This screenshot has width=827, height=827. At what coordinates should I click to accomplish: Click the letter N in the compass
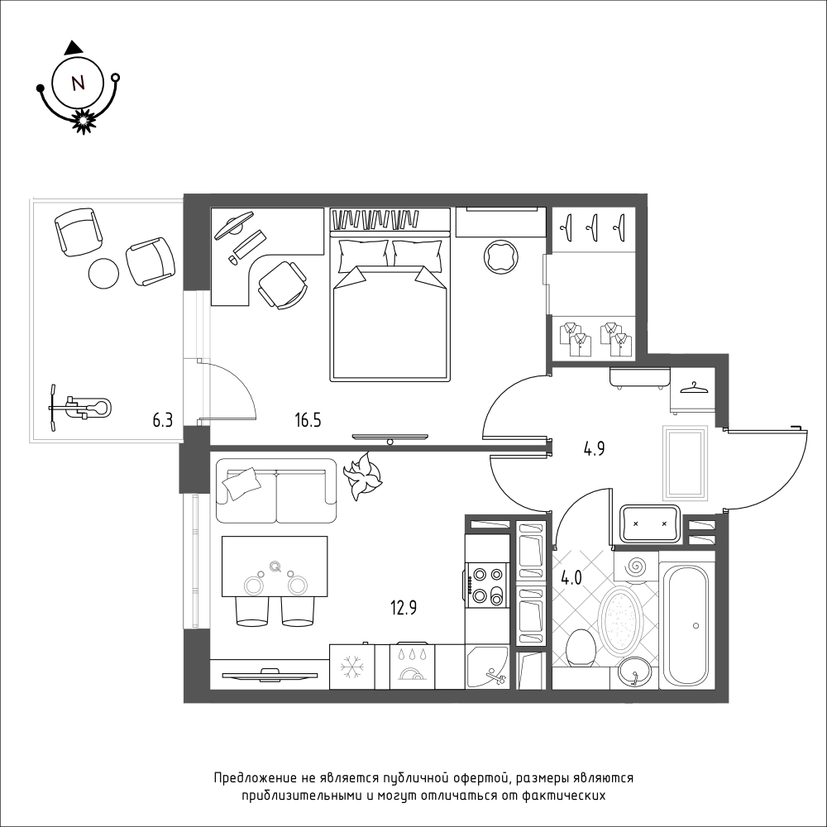click(78, 83)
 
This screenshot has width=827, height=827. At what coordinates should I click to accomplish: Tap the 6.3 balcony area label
click(162, 420)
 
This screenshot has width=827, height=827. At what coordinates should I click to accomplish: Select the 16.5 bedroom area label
click(308, 420)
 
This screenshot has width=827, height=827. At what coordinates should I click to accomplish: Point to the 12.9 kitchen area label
click(404, 608)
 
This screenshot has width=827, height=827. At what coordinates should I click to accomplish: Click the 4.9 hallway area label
click(594, 449)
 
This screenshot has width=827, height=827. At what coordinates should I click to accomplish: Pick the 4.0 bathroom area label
click(571, 578)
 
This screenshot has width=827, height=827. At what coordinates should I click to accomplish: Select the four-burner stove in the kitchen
click(487, 584)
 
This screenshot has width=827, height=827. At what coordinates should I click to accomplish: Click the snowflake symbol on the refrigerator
click(351, 667)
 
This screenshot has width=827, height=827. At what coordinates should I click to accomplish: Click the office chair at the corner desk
click(282, 284)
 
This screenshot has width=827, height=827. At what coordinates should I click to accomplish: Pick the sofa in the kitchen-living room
click(276, 490)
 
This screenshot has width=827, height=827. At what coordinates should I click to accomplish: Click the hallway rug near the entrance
click(685, 462)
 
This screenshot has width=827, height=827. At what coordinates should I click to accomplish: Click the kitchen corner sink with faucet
click(487, 667)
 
